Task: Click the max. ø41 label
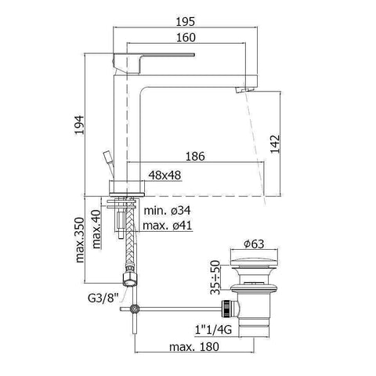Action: [168, 226]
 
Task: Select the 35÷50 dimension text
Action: [213, 276]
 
